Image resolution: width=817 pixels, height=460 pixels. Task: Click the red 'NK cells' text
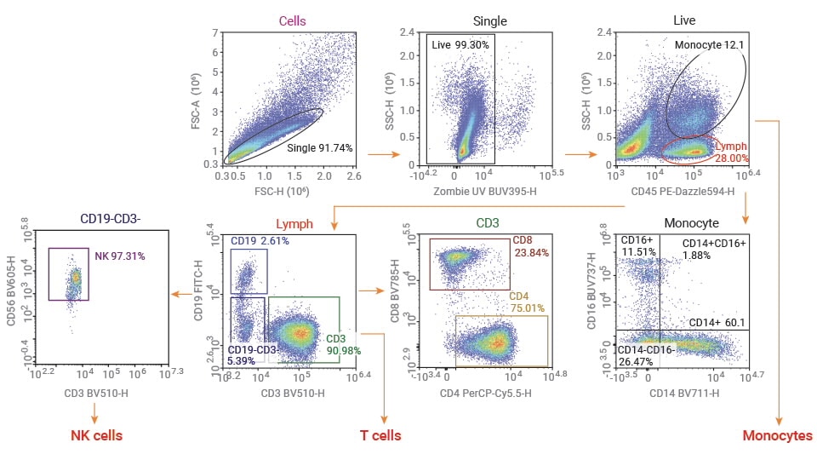pos(96,435)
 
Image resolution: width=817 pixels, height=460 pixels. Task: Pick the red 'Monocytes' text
pos(777,435)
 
